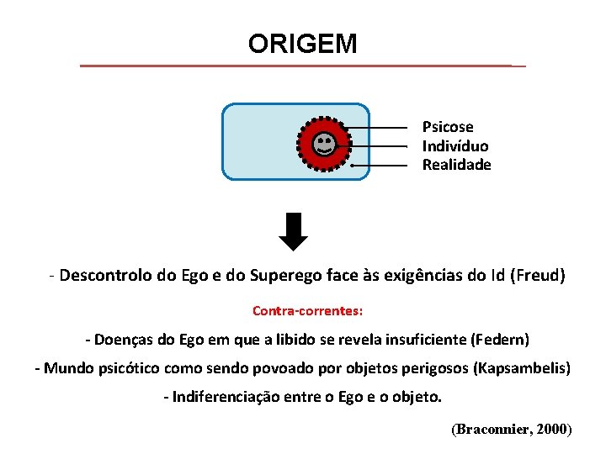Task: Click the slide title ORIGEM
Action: tap(302, 44)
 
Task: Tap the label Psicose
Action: tap(448, 127)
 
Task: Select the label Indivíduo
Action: tap(454, 146)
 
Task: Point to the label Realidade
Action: tap(456, 165)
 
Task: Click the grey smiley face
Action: tap(323, 145)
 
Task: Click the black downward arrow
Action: tap(294, 232)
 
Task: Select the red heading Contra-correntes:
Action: tap(307, 311)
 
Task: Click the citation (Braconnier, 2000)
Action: tap(512, 430)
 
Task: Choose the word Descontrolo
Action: tap(107, 276)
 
